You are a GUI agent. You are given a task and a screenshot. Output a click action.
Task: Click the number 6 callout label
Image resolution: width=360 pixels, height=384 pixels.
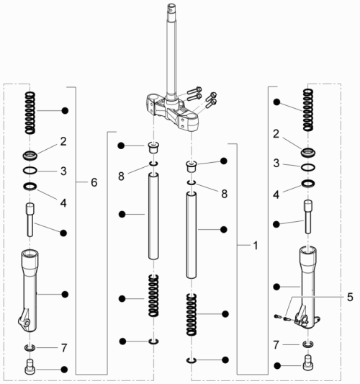[x=94, y=183]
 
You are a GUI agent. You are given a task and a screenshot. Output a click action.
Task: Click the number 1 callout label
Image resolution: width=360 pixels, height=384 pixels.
[x=254, y=245]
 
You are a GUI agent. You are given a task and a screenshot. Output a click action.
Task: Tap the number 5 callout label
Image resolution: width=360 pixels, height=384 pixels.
[x=330, y=295]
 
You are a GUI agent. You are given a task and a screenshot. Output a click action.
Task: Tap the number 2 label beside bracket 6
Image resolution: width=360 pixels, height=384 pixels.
[x=63, y=141]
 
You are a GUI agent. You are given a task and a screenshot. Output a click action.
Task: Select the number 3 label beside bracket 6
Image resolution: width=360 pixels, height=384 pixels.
[x=63, y=171]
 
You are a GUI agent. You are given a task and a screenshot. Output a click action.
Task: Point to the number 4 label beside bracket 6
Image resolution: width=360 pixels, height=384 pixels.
[x=63, y=202]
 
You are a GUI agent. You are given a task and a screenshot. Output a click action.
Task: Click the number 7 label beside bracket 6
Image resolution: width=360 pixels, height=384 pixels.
[x=63, y=347]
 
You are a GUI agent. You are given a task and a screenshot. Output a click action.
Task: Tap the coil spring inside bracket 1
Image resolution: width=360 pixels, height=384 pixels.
[x=192, y=315]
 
